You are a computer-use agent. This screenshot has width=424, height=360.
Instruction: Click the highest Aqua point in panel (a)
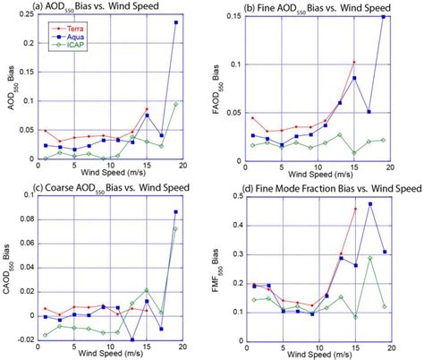point(175,22)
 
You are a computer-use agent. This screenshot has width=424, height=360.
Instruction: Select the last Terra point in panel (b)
point(354,62)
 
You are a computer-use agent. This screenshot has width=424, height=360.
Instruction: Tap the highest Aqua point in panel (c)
point(175,212)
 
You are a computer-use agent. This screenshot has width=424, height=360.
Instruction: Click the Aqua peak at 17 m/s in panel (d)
point(369,204)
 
